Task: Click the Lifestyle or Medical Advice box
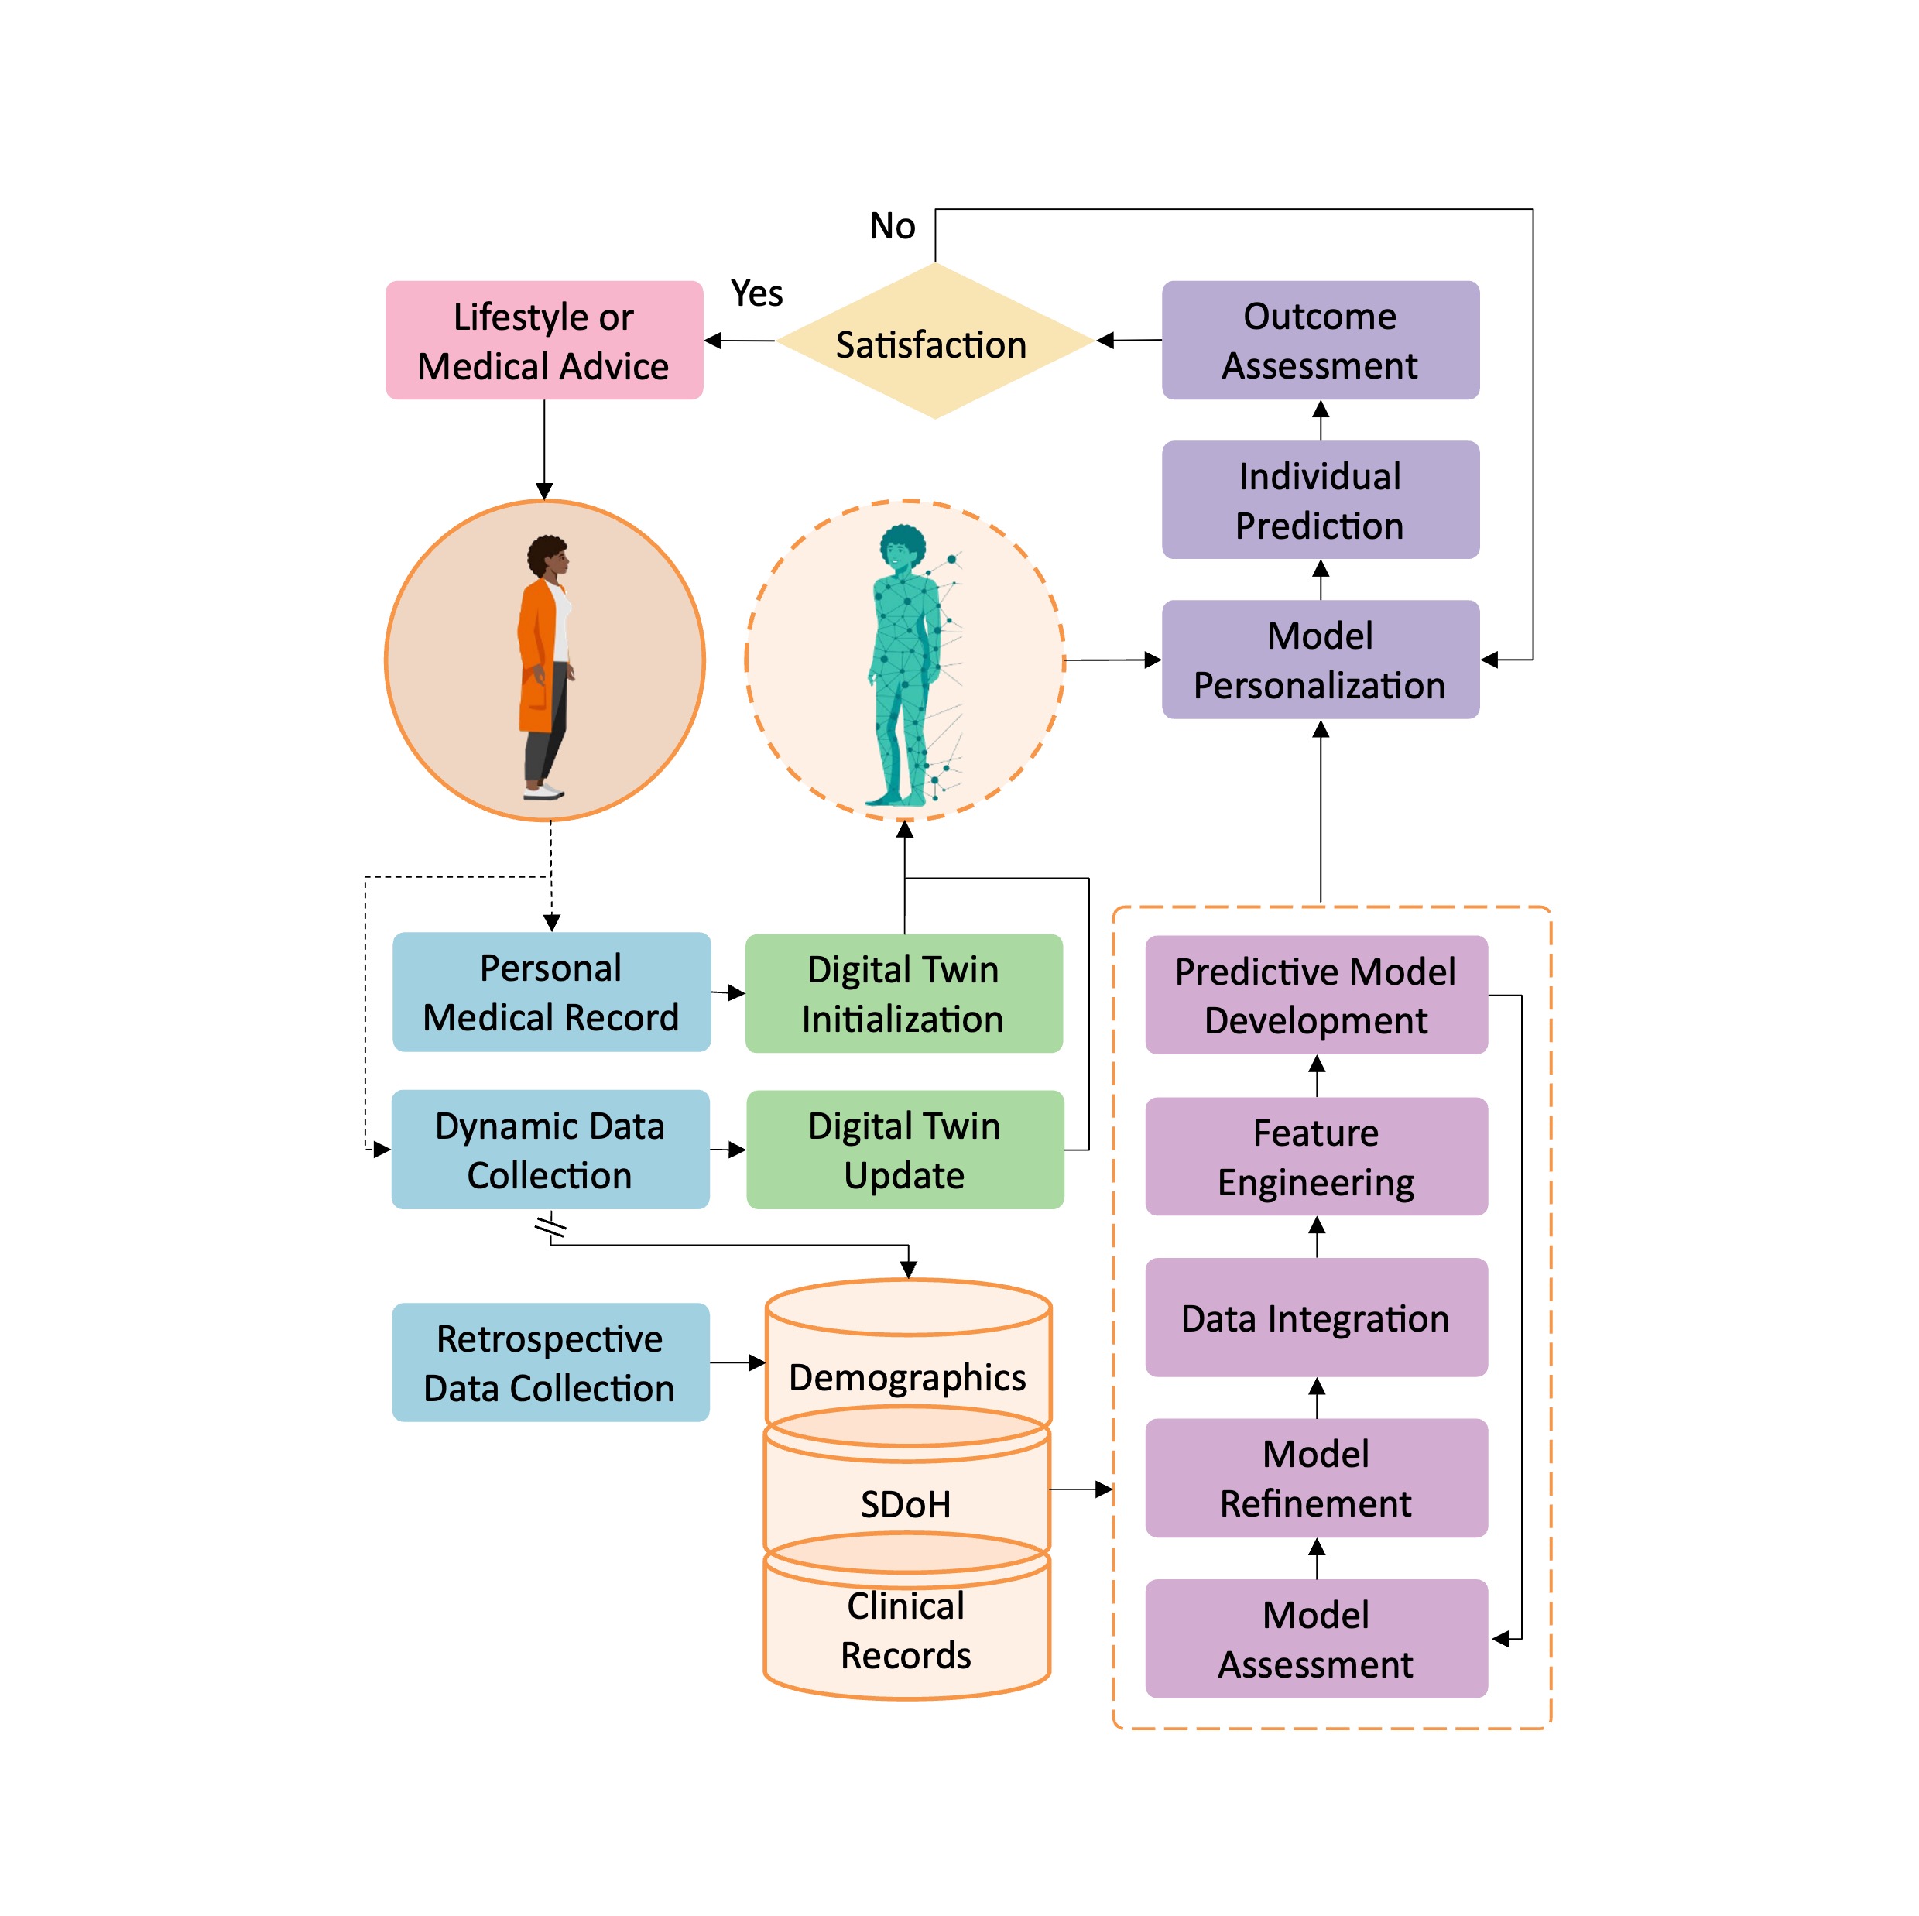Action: (543, 341)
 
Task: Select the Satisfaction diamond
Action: (933, 343)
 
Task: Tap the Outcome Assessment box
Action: (1319, 341)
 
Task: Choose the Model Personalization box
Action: (1319, 660)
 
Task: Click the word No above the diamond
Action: (891, 227)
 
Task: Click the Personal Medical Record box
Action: (550, 992)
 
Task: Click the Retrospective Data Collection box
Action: (550, 1362)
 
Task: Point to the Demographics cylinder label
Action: (906, 1378)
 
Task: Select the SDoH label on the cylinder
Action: (905, 1504)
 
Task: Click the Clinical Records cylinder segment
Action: (905, 1630)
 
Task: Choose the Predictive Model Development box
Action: (1315, 996)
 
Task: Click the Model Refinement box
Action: (1315, 1478)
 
